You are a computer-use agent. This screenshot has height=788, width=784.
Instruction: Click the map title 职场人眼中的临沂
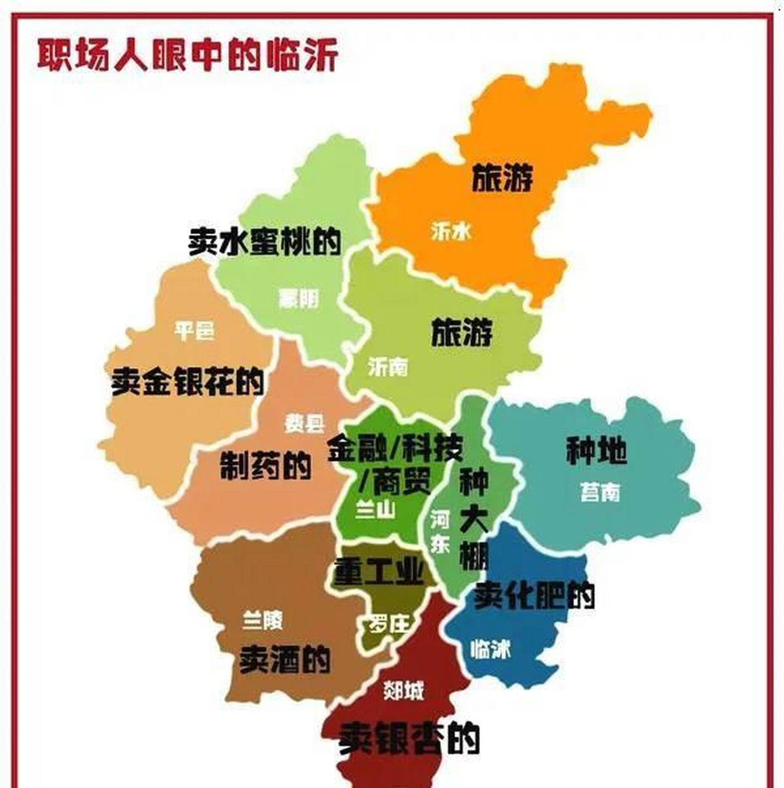click(188, 55)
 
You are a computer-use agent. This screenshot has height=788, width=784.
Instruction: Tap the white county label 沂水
click(451, 231)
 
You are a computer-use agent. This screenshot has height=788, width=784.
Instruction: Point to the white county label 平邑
click(194, 331)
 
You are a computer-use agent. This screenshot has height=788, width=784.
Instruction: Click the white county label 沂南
click(388, 367)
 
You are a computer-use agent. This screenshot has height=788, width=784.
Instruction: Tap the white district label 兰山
click(375, 510)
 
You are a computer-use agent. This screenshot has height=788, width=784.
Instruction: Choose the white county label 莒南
click(600, 492)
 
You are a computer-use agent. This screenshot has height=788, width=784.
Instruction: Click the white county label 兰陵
click(263, 620)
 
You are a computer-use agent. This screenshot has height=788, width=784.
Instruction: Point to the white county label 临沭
click(490, 649)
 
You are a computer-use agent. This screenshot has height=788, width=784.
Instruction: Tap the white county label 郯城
click(403, 691)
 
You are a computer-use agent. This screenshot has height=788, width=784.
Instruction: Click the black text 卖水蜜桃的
click(265, 242)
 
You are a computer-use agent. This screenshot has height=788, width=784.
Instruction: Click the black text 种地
click(596, 451)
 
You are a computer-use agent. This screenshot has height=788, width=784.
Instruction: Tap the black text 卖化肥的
click(534, 595)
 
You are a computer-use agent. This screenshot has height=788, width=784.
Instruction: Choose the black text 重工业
click(378, 573)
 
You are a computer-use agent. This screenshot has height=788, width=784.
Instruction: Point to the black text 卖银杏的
click(409, 737)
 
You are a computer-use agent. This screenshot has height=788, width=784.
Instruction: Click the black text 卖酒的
click(285, 660)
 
